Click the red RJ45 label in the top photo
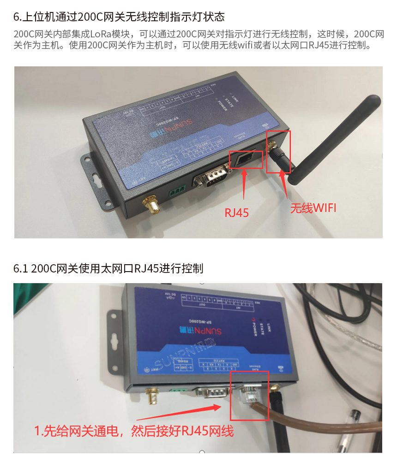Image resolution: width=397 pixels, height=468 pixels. pyautogui.click(x=236, y=212)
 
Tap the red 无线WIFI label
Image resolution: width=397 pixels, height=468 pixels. pyautogui.click(x=313, y=208)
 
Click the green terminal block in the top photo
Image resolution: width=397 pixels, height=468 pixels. pyautogui.click(x=177, y=189)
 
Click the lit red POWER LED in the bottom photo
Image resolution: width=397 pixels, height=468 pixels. pyautogui.click(x=253, y=319)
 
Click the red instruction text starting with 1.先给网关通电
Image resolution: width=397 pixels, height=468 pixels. pyautogui.click(x=134, y=432)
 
